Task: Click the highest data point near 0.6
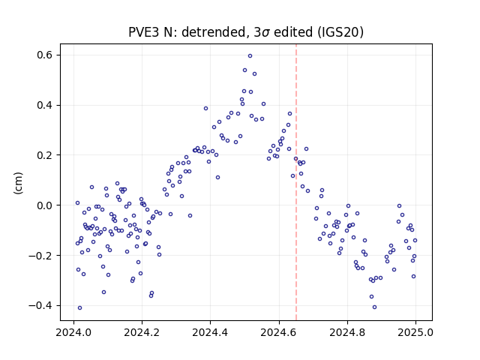tap(250, 56)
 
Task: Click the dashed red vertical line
tap(296, 182)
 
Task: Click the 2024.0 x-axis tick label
tap(73, 333)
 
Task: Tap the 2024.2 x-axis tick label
tap(142, 333)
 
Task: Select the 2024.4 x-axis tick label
tap(210, 333)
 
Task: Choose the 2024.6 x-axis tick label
tap(278, 333)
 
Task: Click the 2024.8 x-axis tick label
tap(347, 333)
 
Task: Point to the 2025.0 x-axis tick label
tap(415, 333)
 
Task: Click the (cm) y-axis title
tap(18, 183)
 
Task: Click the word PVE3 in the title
tap(143, 32)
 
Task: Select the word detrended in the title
tap(214, 32)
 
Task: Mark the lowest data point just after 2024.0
tap(80, 308)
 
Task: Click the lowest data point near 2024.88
tap(374, 307)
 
